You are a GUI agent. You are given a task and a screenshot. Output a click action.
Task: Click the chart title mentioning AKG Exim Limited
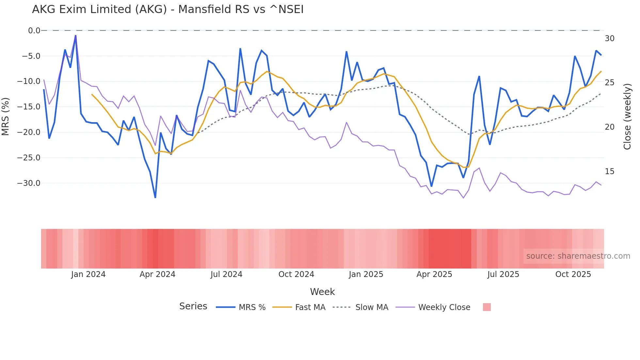coord(168,9)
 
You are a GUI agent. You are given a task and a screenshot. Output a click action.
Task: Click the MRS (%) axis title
coord(6,116)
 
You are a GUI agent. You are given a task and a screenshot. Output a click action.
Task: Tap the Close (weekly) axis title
coord(627,116)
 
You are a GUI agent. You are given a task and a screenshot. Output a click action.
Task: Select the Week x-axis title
coord(322,292)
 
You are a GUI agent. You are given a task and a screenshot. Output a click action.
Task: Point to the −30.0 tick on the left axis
coord(29,183)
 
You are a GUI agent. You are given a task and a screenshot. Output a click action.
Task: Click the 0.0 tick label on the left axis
coord(34,31)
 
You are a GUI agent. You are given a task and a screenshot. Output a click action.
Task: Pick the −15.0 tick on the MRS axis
coord(29,107)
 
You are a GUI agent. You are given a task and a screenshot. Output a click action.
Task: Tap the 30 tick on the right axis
coord(609,39)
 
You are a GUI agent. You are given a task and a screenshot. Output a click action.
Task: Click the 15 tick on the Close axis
coord(609,172)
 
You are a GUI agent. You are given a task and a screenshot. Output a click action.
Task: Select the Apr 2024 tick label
coord(157,274)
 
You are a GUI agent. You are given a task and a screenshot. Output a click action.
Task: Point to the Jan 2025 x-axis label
coord(366,274)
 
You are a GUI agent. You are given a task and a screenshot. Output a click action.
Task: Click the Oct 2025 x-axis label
coord(573,274)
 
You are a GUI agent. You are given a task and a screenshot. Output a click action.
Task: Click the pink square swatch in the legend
coord(487,307)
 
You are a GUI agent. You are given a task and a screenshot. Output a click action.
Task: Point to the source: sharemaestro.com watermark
coord(578,256)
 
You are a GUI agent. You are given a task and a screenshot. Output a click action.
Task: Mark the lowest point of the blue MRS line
coord(155,197)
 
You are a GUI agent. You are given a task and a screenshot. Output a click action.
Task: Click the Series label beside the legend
coord(193,306)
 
